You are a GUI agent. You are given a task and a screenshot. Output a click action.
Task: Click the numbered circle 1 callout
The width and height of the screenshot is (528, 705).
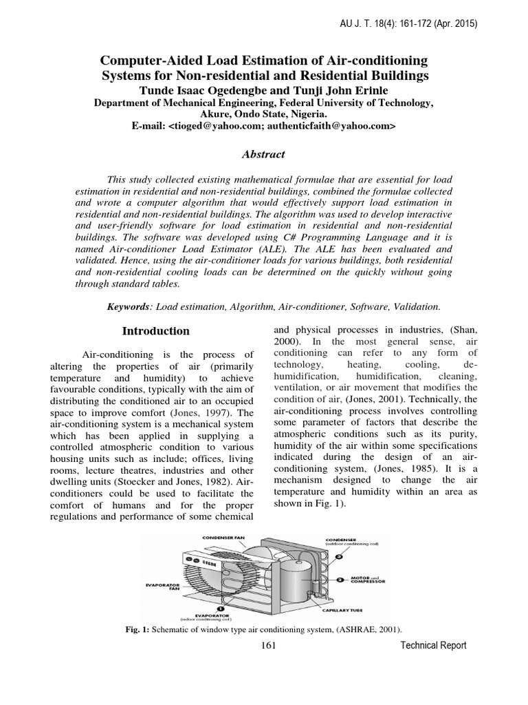218,608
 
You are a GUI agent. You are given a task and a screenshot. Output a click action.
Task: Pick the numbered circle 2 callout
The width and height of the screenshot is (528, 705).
340,580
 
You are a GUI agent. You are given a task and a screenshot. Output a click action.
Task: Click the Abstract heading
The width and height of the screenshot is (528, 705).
263,155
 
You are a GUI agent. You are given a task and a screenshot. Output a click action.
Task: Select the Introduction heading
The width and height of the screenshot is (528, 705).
156,331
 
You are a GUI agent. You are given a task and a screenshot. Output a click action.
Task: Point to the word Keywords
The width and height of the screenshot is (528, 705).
127,306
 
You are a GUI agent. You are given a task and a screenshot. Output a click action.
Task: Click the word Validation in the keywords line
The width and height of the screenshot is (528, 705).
417,306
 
